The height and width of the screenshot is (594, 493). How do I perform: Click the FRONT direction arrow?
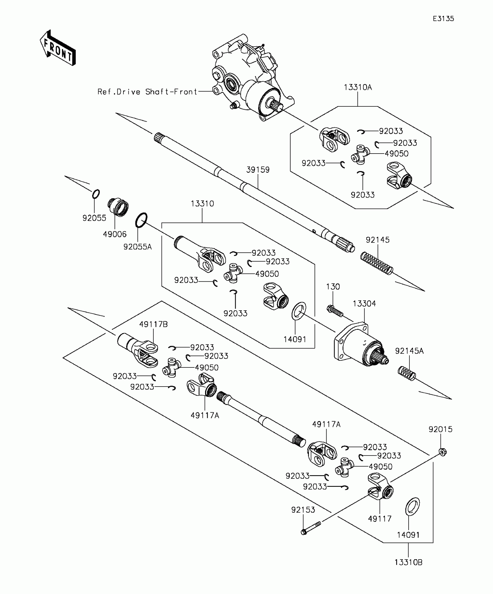(58, 48)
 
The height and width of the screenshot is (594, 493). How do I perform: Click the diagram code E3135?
(443, 19)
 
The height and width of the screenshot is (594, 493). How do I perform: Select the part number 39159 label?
(258, 170)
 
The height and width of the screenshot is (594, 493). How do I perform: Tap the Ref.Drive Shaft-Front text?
(147, 92)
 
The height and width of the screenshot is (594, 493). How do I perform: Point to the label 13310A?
(358, 87)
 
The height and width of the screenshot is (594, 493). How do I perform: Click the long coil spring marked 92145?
(377, 263)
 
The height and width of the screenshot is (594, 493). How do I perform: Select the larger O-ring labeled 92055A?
(141, 220)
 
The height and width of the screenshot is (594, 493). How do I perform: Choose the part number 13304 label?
(364, 304)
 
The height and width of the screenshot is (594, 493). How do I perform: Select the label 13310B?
(408, 562)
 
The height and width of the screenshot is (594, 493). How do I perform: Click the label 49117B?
(153, 324)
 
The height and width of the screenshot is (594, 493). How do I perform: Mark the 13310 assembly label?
(202, 204)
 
